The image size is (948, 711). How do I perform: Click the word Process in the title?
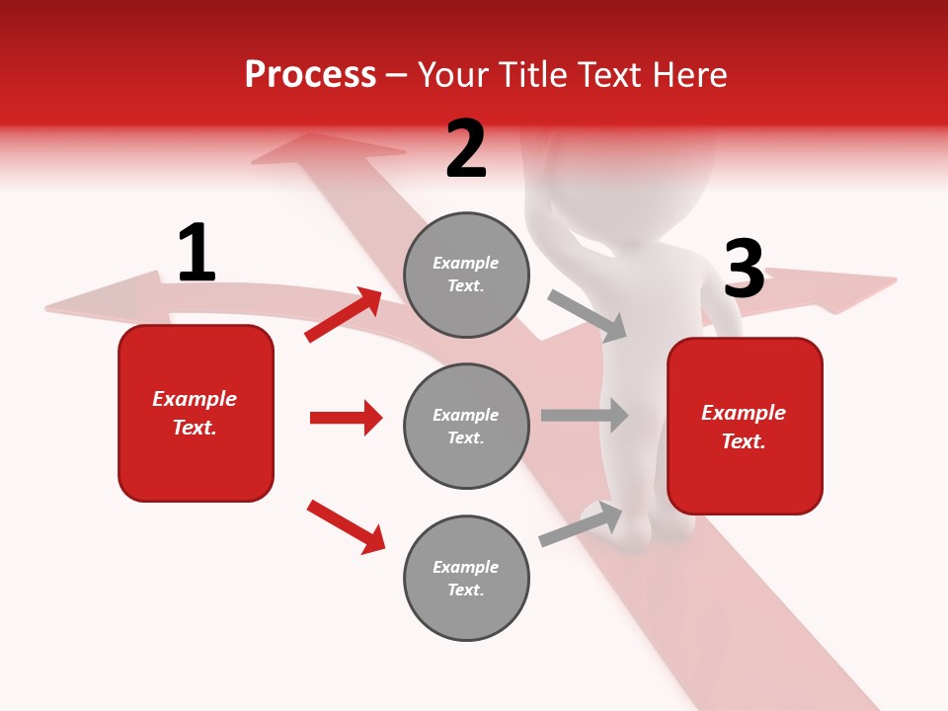pos(310,75)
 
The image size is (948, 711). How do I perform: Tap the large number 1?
pos(196,253)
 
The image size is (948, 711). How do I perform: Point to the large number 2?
pos(466,149)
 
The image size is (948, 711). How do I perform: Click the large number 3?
pos(744,269)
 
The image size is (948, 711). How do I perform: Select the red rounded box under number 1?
pos(196,413)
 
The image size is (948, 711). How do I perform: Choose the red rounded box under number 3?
pos(745,427)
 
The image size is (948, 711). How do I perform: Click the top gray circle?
pos(466,275)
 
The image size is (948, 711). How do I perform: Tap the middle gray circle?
pos(466,426)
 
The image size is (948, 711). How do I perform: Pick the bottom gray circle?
pos(466,578)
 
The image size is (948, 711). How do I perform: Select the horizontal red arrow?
pos(346,418)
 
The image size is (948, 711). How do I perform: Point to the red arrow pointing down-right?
pos(346,526)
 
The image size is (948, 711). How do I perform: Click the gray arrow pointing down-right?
pos(587,316)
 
